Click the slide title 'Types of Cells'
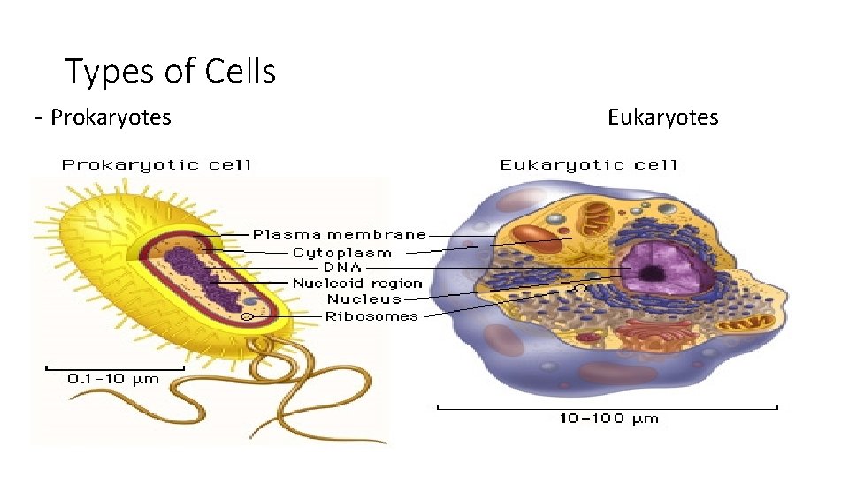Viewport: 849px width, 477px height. coord(171,72)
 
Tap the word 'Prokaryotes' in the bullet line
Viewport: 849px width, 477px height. coord(111,117)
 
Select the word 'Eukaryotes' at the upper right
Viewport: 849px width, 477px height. coord(662,117)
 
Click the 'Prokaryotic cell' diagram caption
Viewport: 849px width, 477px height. coord(156,164)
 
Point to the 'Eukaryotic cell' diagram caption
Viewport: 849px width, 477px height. coord(588,164)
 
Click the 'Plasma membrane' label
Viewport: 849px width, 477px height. coord(340,235)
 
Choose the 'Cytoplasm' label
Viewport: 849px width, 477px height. coord(341,252)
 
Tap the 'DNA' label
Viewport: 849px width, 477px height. coord(342,267)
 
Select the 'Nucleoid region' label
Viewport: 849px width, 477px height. coord(357,284)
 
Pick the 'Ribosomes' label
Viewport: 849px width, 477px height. coord(371,315)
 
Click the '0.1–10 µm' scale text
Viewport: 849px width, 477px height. coord(113,379)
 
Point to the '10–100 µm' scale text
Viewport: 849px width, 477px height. coord(609,419)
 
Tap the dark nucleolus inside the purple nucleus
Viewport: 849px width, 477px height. coord(654,273)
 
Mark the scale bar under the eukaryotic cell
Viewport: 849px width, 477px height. coord(608,407)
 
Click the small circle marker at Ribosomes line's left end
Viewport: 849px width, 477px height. coord(249,315)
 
